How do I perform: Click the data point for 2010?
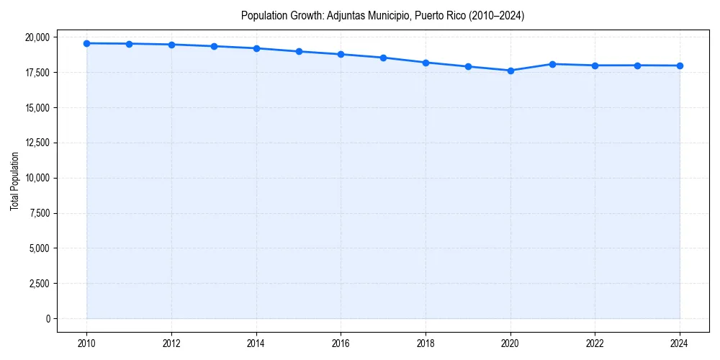point(86,43)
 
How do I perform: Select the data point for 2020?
point(510,71)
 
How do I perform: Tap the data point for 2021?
point(553,64)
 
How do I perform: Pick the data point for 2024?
point(680,66)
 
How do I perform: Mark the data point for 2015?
point(299,51)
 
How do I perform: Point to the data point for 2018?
point(426,63)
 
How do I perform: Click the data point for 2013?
point(214,46)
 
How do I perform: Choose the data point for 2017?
point(383,58)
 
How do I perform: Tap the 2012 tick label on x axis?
point(171,343)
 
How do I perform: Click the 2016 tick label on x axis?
point(341,343)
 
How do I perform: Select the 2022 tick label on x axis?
point(595,343)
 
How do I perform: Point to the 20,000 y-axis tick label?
point(37,37)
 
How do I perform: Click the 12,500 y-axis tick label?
point(37,143)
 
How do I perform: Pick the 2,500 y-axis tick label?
point(40,284)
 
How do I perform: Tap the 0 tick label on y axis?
point(48,319)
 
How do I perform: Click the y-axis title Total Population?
point(14,181)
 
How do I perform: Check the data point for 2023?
point(637,66)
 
